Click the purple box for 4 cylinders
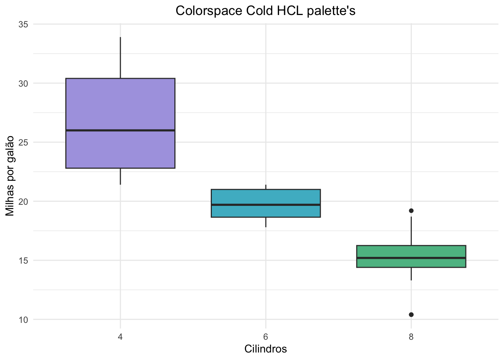pyautogui.click(x=120, y=105)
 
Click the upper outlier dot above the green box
pyautogui.click(x=411, y=211)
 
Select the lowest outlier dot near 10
pyautogui.click(x=411, y=314)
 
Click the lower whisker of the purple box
pyautogui.click(x=120, y=176)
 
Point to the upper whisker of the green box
pyautogui.click(x=411, y=231)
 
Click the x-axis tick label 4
pyautogui.click(x=120, y=336)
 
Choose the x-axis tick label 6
pyautogui.click(x=265, y=336)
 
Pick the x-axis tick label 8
pyautogui.click(x=411, y=336)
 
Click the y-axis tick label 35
pyautogui.click(x=23, y=24)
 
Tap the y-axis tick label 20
pyautogui.click(x=23, y=201)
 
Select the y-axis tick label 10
pyautogui.click(x=23, y=319)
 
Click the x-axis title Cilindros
pyautogui.click(x=265, y=349)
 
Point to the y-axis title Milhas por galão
pyautogui.click(x=10, y=175)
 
